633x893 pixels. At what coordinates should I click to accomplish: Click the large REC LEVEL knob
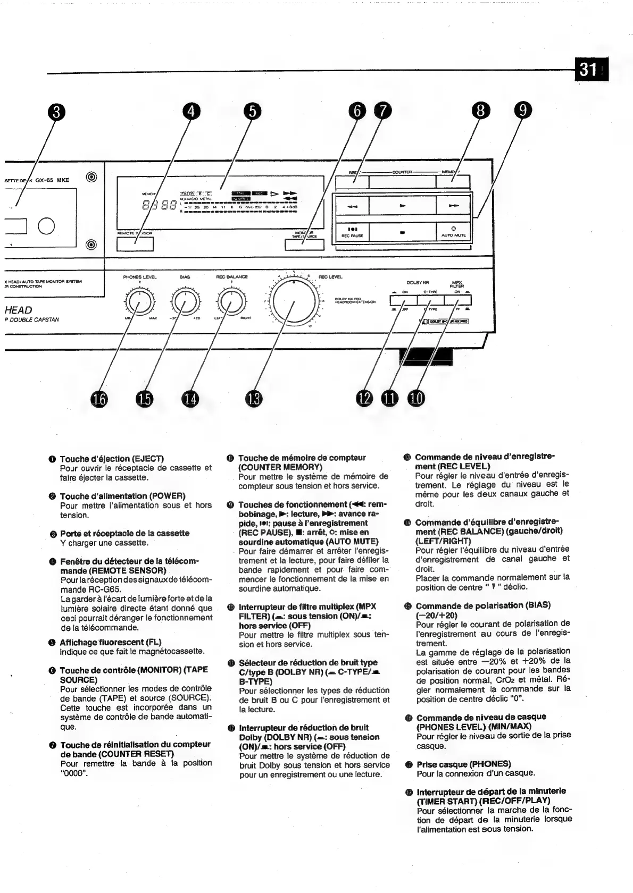(x=294, y=305)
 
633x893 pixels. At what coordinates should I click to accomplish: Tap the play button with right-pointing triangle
(x=403, y=205)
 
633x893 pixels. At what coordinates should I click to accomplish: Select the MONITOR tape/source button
(x=304, y=245)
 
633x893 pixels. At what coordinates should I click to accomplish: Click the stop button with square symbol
(x=403, y=232)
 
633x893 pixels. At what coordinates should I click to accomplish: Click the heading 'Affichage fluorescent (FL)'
(x=110, y=642)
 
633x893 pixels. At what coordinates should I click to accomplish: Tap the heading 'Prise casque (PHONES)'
(x=464, y=764)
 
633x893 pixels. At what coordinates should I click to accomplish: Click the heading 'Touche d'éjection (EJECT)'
(x=112, y=458)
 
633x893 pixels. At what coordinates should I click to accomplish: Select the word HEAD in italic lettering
(x=18, y=310)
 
